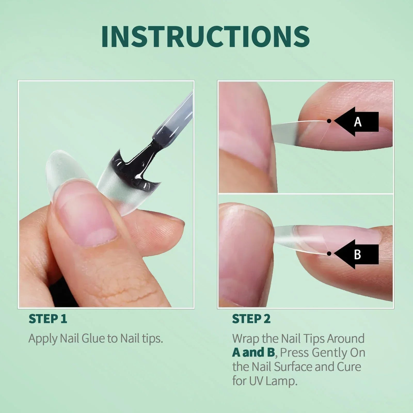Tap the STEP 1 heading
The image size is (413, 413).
click(x=48, y=319)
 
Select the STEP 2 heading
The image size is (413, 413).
click(x=251, y=319)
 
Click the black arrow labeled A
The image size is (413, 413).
click(x=358, y=122)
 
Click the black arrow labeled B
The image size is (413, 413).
click(x=358, y=254)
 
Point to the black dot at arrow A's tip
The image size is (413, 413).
click(x=329, y=121)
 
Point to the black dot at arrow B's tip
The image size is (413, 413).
click(x=329, y=254)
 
